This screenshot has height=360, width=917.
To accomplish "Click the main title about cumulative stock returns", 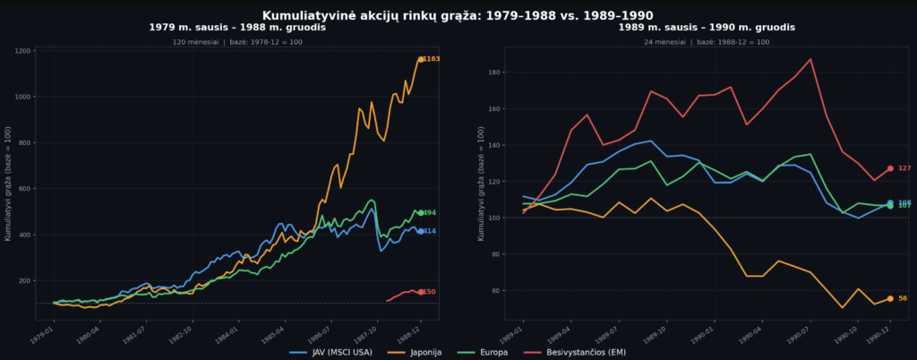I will [x=458, y=15].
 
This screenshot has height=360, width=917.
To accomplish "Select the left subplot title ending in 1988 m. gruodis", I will [x=236, y=28].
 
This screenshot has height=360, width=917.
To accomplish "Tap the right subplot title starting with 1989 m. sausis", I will [x=694, y=28].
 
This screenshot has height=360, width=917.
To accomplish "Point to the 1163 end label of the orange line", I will [x=431, y=59].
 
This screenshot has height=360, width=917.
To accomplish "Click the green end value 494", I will [x=429, y=213].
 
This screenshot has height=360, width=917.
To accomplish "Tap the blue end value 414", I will [x=429, y=231].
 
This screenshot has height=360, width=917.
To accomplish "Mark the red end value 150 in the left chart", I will [x=429, y=292].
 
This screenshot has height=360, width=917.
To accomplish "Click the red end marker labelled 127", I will [x=890, y=168].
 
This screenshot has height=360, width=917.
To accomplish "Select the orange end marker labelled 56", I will [x=890, y=298].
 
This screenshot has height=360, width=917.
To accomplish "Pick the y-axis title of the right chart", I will [x=482, y=189].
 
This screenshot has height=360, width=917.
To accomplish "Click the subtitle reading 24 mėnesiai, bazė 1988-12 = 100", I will [x=694, y=42].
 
